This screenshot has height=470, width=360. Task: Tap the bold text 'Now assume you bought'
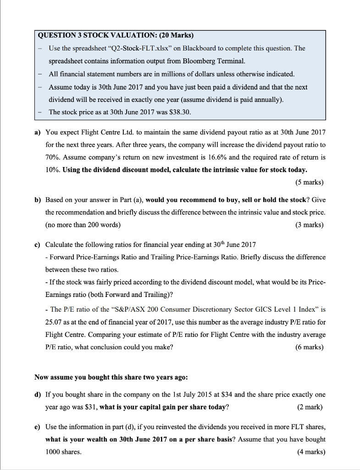point(73,377)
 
